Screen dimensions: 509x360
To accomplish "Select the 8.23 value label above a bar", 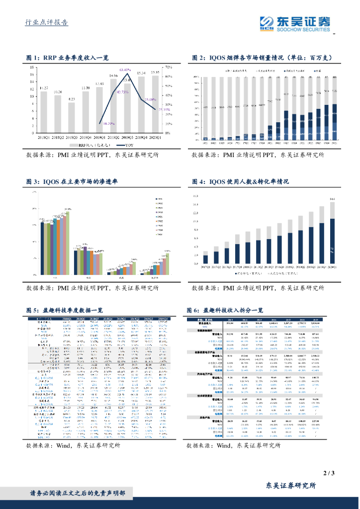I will pyautogui.click(x=72, y=99).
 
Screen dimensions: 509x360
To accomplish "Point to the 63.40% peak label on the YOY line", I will pyautogui.click(x=125, y=70).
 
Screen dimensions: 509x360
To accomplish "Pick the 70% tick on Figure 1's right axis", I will pyautogui.click(x=168, y=67).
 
